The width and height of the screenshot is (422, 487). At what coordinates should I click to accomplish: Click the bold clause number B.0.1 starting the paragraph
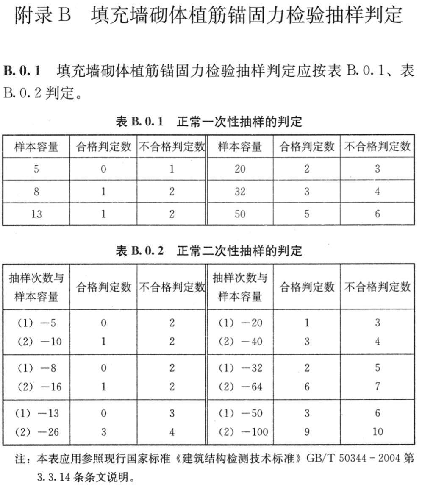click(22, 71)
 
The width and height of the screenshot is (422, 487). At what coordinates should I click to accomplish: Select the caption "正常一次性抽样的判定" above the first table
click(239, 122)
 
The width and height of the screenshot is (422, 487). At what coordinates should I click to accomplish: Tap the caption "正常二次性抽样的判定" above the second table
click(239, 251)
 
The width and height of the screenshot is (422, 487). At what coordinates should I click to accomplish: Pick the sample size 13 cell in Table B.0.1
click(36, 214)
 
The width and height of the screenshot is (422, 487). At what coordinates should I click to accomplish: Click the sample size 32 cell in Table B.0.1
click(240, 192)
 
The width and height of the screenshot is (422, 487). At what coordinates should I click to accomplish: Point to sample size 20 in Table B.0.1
click(240, 169)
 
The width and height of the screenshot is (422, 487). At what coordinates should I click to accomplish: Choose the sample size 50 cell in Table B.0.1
click(240, 214)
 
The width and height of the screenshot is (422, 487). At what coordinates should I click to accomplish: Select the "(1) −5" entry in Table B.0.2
click(36, 323)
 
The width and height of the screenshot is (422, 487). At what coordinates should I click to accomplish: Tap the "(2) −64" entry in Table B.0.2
click(240, 387)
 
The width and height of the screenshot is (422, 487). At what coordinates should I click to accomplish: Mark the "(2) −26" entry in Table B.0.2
click(36, 432)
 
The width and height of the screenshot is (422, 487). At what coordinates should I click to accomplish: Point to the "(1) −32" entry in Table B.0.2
click(240, 368)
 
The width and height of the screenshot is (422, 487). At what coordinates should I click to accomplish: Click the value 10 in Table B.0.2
click(377, 432)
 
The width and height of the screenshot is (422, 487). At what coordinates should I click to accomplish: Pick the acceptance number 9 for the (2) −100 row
click(307, 432)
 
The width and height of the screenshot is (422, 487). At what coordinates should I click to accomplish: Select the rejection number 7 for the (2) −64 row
click(377, 387)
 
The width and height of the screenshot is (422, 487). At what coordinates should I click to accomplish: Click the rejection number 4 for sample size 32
click(377, 192)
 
